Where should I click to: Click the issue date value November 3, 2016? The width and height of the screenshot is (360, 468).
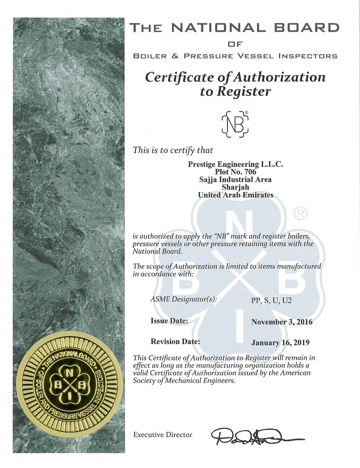(282, 322)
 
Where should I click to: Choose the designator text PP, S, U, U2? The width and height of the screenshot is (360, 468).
(269, 300)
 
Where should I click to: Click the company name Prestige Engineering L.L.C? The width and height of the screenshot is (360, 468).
(235, 165)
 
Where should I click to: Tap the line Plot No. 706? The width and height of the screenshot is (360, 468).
(235, 173)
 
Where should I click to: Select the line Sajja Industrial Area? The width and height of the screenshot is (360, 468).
(235, 180)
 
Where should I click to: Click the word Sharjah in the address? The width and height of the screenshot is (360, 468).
(235, 188)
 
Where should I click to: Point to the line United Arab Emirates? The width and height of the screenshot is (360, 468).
(235, 195)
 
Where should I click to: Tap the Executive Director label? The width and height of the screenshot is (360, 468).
(163, 435)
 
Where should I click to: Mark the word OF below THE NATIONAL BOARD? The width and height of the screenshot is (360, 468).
(235, 44)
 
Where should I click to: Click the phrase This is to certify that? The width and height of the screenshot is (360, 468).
(173, 150)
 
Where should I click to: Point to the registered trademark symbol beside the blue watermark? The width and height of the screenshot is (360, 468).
(300, 214)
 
